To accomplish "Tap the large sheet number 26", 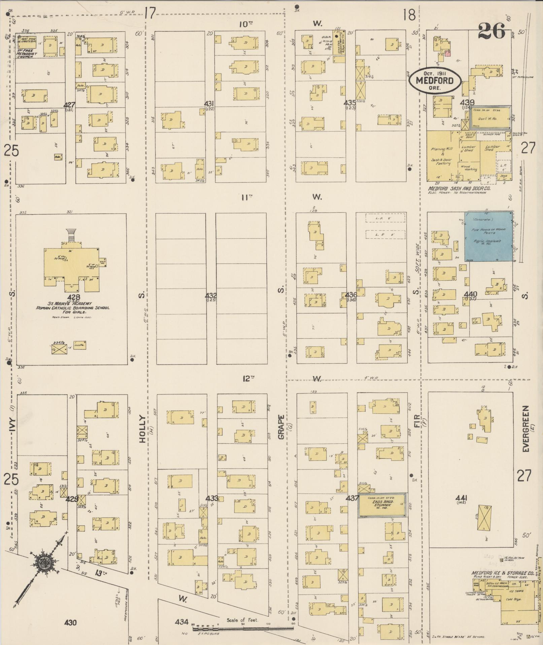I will [x=492, y=31].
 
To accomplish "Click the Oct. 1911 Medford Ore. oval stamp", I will [x=434, y=80].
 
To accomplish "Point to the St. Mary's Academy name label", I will [x=73, y=303].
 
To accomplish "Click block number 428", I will [x=74, y=297].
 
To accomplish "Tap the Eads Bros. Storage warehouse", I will [x=382, y=505].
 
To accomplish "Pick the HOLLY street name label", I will [x=142, y=429].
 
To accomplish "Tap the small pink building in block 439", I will [x=447, y=53].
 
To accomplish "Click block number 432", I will [x=211, y=295].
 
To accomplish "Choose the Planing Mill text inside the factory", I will [x=442, y=149].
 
